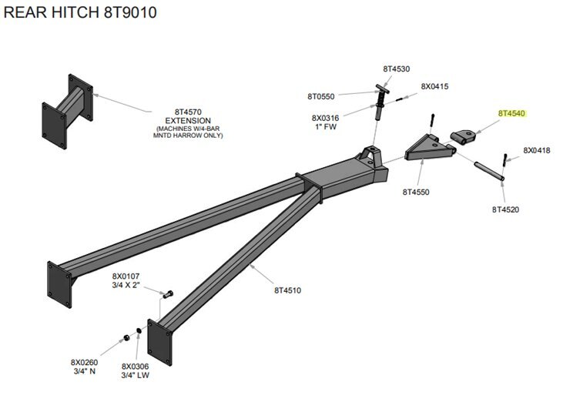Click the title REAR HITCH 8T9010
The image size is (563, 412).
pos(80,14)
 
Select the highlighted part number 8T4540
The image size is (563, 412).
pos(511,114)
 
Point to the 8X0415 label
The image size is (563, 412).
pos(434,86)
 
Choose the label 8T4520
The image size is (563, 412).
pos(505,209)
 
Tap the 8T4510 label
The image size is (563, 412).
pos(287,290)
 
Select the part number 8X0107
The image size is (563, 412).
pos(126,276)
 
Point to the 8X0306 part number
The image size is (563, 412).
pos(135,367)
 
